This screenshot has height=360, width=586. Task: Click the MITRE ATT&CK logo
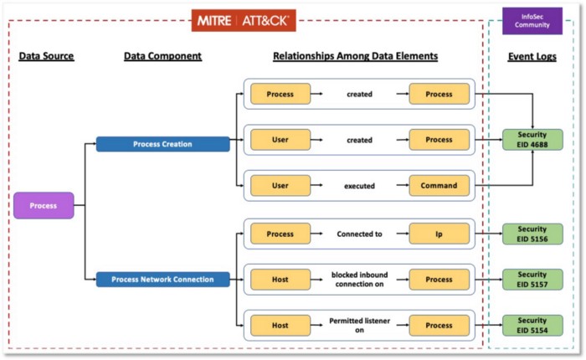[x=244, y=21]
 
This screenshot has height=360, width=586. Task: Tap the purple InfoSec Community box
[x=532, y=21]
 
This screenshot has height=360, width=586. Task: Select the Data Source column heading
[x=46, y=56]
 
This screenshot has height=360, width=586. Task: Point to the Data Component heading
[x=162, y=56]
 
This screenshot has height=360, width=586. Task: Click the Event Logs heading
[x=532, y=57]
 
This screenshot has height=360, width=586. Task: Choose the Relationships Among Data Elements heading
[x=356, y=56]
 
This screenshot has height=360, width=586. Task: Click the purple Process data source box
[x=44, y=206]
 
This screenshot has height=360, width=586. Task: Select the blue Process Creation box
[x=163, y=144]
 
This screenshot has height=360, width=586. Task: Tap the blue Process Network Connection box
[x=163, y=280]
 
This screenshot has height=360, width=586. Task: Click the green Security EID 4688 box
[x=532, y=140]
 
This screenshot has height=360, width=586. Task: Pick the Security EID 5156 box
[x=532, y=234]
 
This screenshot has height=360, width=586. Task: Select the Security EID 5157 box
[x=532, y=280]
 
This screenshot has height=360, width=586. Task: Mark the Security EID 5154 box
[x=532, y=325]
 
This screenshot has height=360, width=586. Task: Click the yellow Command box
[x=439, y=186]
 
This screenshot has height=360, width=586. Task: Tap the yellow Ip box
[x=439, y=234]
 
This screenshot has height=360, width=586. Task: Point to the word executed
[x=359, y=186]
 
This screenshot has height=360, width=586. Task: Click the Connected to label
[x=359, y=234]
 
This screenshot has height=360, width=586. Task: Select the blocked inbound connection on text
[x=359, y=280]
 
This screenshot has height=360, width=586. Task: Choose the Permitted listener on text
[x=359, y=325]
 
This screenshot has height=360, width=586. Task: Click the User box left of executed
[x=280, y=186]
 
